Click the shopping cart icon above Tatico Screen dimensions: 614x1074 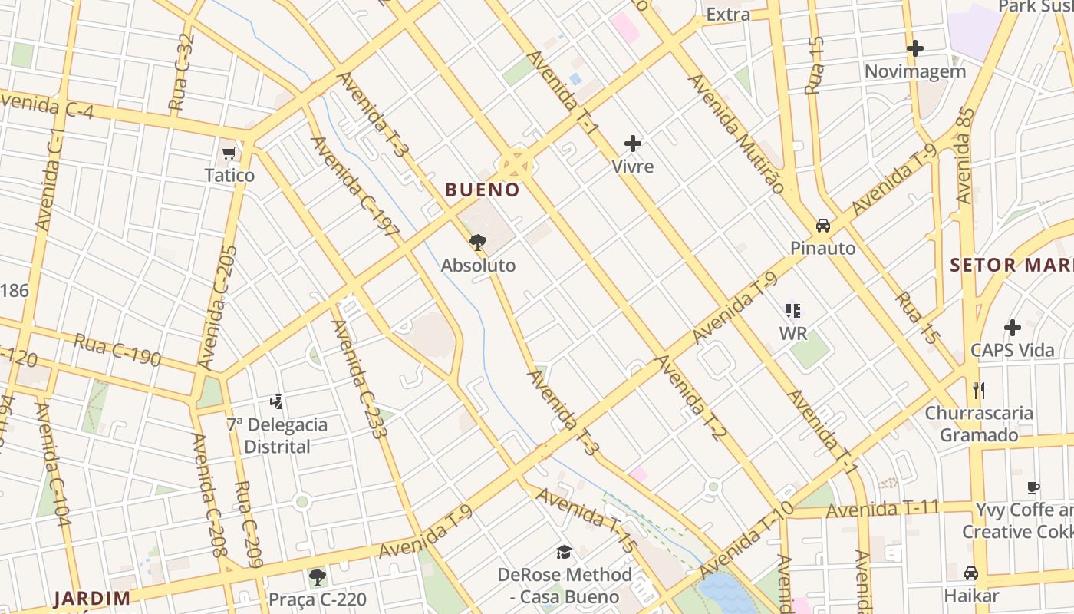[x=229, y=153]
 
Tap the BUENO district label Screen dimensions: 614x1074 [x=483, y=190]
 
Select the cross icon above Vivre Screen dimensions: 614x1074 [x=633, y=144]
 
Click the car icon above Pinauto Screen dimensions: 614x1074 [x=823, y=226]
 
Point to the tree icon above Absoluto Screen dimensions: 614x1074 [x=478, y=243]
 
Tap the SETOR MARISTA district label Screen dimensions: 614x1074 [x=1011, y=266]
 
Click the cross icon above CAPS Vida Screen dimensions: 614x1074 [x=1013, y=328]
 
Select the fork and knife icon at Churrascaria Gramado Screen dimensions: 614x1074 [x=978, y=391]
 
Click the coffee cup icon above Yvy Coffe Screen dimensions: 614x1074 [x=1033, y=487]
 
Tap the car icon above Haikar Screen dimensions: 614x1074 [x=971, y=573]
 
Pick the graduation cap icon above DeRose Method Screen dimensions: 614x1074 [x=565, y=552]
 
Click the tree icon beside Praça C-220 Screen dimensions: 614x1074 [x=317, y=576]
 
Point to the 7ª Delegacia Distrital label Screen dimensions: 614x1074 [x=277, y=435]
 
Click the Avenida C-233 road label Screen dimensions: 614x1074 [x=358, y=378]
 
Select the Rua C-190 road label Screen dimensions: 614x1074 [x=117, y=350]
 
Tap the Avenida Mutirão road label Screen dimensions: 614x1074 [x=736, y=134]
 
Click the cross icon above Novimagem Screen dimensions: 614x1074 [x=914, y=48]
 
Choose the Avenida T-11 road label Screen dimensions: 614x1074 [x=883, y=509]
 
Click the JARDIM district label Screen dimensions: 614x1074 [x=92, y=599]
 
